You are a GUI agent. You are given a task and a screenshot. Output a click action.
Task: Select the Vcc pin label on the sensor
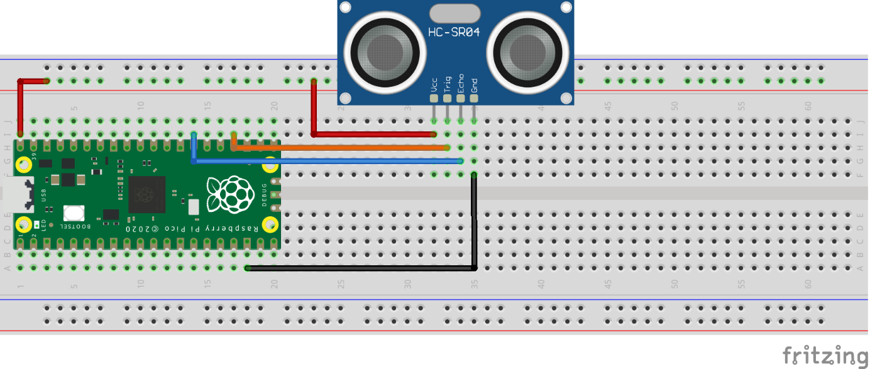pyautogui.click(x=434, y=85)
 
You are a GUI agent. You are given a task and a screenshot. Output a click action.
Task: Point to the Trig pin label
pyautogui.click(x=448, y=85)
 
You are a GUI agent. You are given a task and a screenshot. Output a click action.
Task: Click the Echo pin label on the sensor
pyautogui.click(x=461, y=84)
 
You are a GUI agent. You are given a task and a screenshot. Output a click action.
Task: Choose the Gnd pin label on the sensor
pyautogui.click(x=475, y=85)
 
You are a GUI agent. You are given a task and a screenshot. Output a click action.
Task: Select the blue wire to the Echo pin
pyautogui.click(x=327, y=162)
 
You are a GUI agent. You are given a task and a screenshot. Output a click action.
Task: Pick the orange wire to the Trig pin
pyautogui.click(x=339, y=148)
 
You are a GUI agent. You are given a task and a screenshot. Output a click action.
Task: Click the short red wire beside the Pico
pyautogui.click(x=21, y=107)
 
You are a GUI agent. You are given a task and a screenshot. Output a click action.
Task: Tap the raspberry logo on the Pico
pyautogui.click(x=228, y=194)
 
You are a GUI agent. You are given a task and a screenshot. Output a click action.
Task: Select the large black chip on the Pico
pyautogui.click(x=146, y=194)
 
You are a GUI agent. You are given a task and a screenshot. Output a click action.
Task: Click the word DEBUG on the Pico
pyautogui.click(x=265, y=196)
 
